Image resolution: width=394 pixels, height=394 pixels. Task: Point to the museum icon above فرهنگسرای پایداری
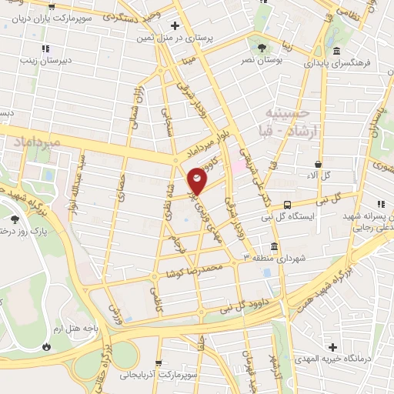pyautogui.click(x=337, y=52)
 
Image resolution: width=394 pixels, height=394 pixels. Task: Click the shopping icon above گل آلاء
pyautogui.click(x=317, y=164)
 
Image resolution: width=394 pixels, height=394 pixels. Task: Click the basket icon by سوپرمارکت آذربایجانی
pyautogui.click(x=158, y=363)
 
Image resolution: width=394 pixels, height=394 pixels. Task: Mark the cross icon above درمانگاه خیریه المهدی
pyautogui.click(x=333, y=349)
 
